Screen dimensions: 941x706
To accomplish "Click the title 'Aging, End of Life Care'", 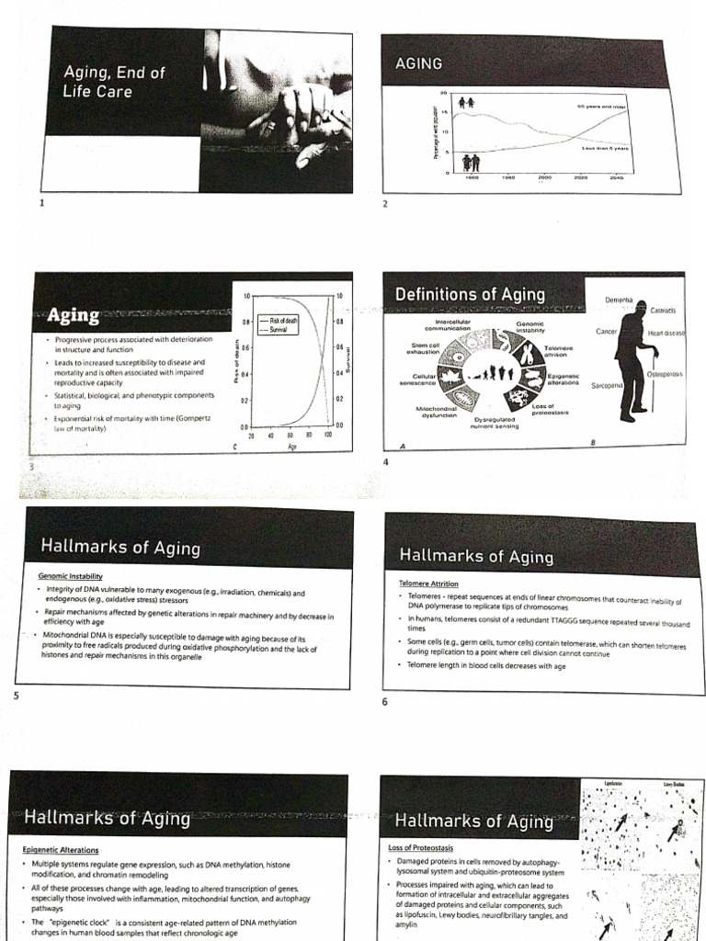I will click(108, 81).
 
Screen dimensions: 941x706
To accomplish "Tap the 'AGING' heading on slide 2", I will click(418, 63).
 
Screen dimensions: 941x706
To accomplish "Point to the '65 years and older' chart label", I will click(601, 107).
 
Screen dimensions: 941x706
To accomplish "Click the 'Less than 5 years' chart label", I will click(604, 147).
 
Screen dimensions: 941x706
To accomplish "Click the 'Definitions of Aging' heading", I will click(470, 294).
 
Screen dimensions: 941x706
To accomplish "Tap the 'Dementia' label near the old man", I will click(621, 300).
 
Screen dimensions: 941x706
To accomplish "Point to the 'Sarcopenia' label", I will click(608, 386).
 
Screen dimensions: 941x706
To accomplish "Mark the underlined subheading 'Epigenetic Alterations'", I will click(65, 850).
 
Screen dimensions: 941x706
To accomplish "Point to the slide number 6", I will click(385, 703).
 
